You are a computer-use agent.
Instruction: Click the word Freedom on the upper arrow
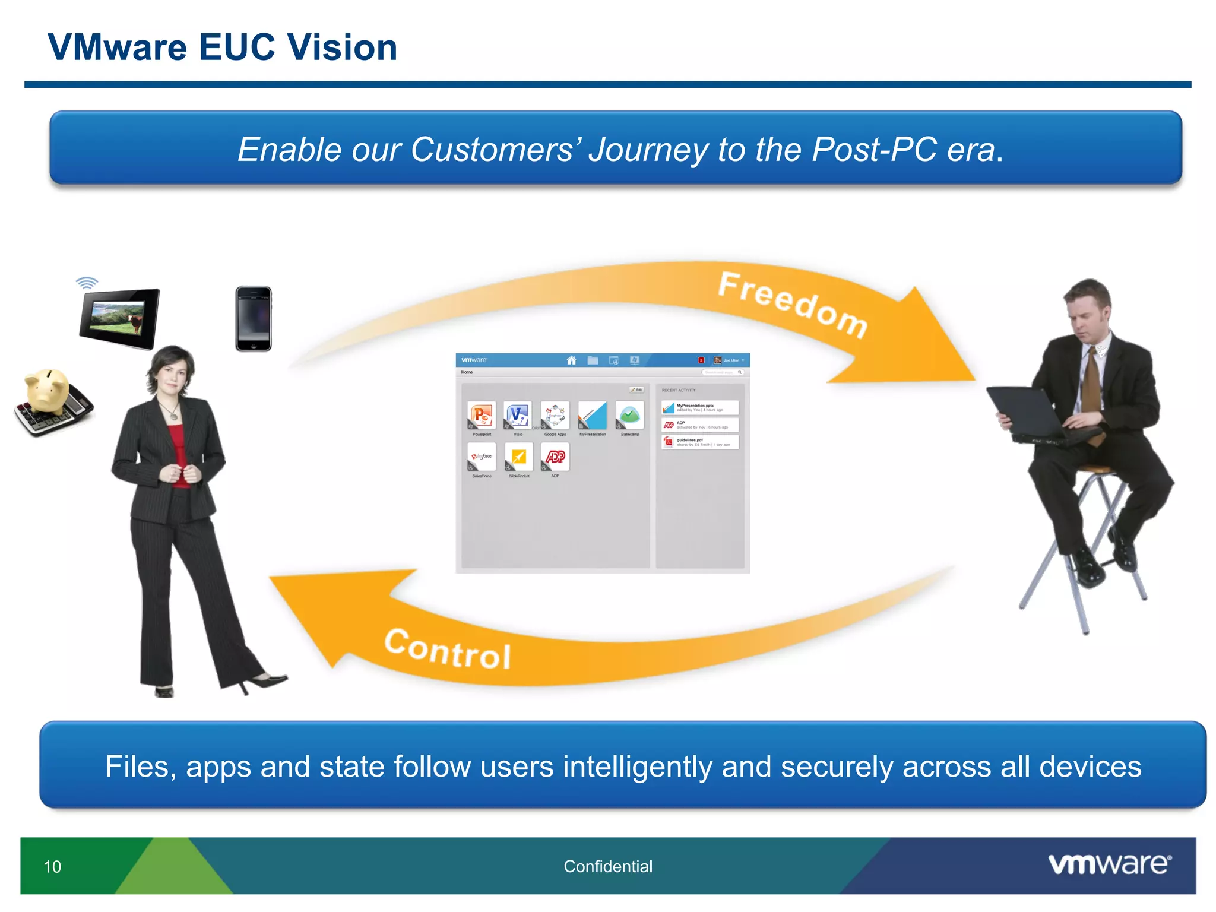click(x=793, y=304)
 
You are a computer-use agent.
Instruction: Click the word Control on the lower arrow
click(x=448, y=649)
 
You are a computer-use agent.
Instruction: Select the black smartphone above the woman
click(x=254, y=319)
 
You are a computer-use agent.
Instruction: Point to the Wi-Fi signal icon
click(x=87, y=283)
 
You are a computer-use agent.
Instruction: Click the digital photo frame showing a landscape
click(x=119, y=318)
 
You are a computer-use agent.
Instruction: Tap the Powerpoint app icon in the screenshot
click(x=482, y=415)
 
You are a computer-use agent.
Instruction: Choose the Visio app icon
click(x=518, y=415)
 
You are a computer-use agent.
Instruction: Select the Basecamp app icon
click(x=629, y=415)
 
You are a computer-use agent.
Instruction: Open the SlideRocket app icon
click(x=518, y=457)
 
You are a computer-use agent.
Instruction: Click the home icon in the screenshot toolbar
click(x=571, y=360)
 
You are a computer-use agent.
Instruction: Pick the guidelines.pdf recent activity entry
click(x=700, y=442)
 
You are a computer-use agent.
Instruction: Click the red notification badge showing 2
click(x=701, y=360)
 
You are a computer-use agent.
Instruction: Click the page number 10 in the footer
click(x=52, y=867)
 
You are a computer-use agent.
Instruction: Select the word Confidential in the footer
click(x=608, y=867)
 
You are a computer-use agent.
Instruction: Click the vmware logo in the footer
click(x=1110, y=864)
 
